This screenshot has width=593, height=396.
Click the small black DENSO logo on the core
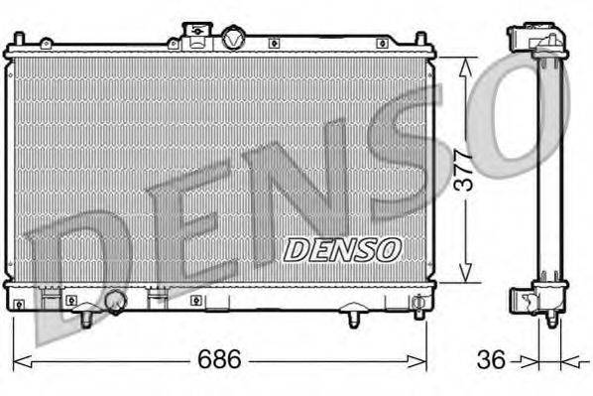pos(342,250)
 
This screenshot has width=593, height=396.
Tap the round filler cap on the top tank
pos(233,39)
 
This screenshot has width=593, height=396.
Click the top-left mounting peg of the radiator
pos(18,39)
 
